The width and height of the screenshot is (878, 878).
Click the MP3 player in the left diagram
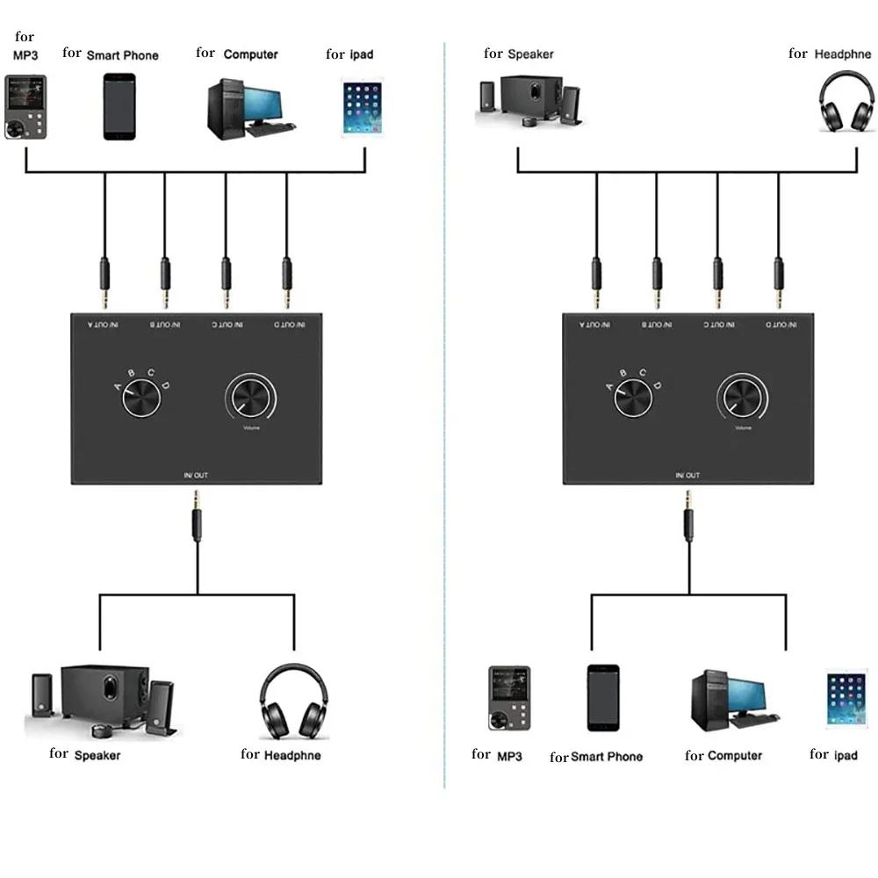(x=25, y=107)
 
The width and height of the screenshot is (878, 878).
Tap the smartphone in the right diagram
(x=603, y=697)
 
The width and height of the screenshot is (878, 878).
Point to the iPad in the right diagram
(x=846, y=699)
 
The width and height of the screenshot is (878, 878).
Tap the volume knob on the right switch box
(x=743, y=400)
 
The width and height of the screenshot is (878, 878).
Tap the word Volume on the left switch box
(x=252, y=428)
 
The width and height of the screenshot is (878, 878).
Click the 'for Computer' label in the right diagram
(x=723, y=755)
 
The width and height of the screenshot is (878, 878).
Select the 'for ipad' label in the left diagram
(x=349, y=54)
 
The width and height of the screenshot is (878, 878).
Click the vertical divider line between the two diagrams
(x=445, y=439)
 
